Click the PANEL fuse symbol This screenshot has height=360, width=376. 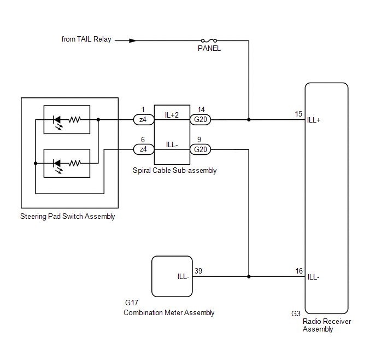pos(209,40)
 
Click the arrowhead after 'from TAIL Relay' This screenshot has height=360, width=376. pos(132,40)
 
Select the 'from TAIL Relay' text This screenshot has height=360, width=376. pos(86,40)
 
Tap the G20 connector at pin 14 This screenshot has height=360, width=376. pos(199,119)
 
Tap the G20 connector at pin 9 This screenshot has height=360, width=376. pos(199,149)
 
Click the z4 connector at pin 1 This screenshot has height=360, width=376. pos(143,119)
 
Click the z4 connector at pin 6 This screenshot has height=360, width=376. pos(143,149)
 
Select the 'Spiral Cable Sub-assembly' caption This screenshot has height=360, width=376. pos(175,171)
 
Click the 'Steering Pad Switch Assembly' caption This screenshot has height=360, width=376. pos(68,217)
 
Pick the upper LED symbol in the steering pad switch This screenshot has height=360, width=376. pos(56,119)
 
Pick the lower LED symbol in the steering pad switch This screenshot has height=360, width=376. pos(56,163)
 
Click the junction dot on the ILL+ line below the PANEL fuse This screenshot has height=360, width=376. pos(249,119)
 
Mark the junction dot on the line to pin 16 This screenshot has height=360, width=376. pos(249,276)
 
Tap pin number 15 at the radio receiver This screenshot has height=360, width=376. pos(298,114)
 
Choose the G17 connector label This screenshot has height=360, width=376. pos(132,303)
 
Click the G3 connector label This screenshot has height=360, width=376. pos(296,314)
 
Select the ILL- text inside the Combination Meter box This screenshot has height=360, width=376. pos(183,277)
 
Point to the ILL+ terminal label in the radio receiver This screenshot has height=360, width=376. pos(314,120)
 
